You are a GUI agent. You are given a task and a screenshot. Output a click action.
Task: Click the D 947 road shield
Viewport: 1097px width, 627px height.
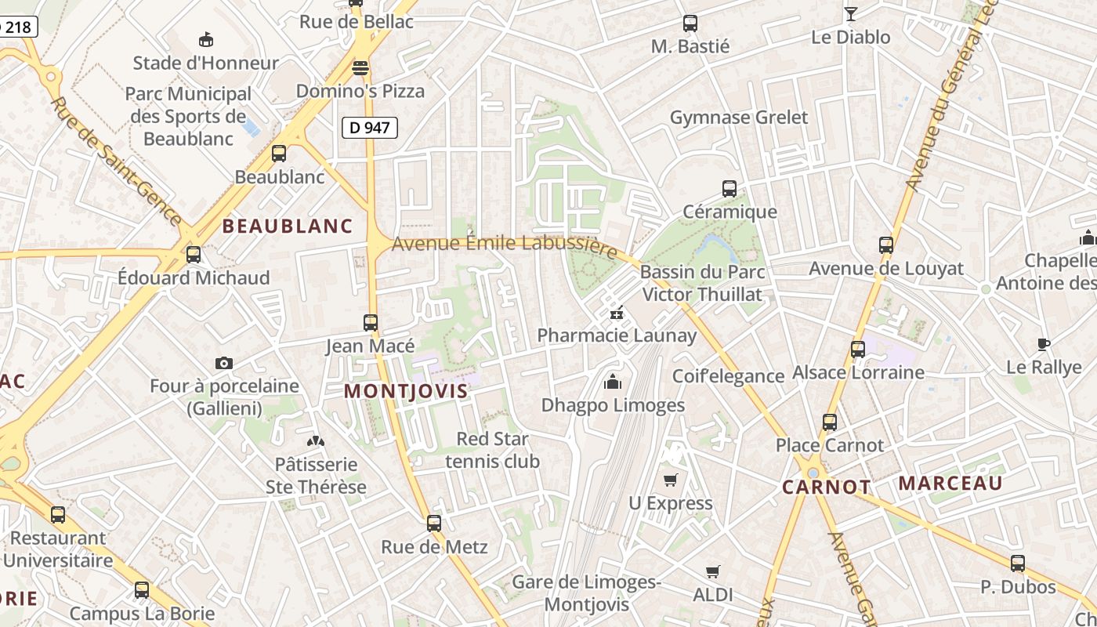[370, 127]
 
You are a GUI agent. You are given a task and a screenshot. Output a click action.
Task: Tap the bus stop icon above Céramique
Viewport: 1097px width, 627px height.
[730, 189]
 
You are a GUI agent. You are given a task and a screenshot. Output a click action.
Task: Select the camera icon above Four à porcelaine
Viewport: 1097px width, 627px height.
[224, 363]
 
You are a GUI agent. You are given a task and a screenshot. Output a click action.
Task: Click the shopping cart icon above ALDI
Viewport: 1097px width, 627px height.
[712, 572]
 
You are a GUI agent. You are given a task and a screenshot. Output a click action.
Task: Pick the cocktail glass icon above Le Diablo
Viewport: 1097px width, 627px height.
[850, 13]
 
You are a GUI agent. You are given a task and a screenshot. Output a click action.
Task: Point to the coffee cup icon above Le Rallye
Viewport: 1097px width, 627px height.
[1043, 344]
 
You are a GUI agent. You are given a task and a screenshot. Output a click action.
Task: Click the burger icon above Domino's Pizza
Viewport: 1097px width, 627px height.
[360, 68]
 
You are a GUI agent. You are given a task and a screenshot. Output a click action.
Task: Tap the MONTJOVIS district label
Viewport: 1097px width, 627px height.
[406, 391]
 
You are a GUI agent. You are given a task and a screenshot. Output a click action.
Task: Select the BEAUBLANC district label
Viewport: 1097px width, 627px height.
[288, 227]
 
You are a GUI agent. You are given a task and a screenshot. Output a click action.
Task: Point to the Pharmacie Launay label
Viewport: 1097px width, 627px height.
[617, 336]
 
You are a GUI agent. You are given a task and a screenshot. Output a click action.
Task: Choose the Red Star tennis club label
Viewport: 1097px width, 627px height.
[492, 450]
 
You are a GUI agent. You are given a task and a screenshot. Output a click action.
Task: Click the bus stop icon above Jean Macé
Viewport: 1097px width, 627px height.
[371, 322]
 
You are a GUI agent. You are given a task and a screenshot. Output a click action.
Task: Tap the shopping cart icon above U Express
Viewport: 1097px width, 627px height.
[670, 480]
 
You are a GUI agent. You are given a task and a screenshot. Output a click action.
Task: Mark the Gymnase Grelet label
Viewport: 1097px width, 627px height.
[738, 118]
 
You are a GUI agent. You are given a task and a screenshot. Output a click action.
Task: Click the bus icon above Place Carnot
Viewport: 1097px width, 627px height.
[830, 422]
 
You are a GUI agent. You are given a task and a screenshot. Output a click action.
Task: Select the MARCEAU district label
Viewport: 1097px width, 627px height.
[950, 483]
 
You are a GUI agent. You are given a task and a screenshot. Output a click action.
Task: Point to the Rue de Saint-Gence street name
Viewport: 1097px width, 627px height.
[117, 161]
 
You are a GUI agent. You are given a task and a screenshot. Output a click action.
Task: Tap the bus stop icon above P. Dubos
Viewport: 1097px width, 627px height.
[1017, 563]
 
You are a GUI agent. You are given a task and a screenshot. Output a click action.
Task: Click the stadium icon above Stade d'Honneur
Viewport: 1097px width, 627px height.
[206, 39]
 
